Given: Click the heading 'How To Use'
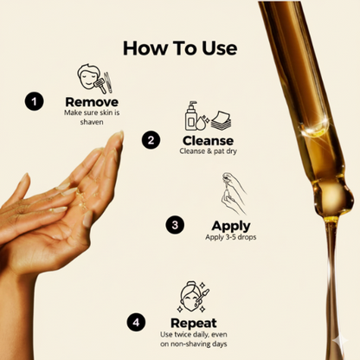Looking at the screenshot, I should [x=179, y=48].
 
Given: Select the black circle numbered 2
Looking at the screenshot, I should [x=152, y=139].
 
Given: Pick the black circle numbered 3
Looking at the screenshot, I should [x=176, y=224].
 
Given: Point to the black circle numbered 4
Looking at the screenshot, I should [x=136, y=323].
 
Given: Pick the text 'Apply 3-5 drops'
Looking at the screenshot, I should [x=207, y=237].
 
